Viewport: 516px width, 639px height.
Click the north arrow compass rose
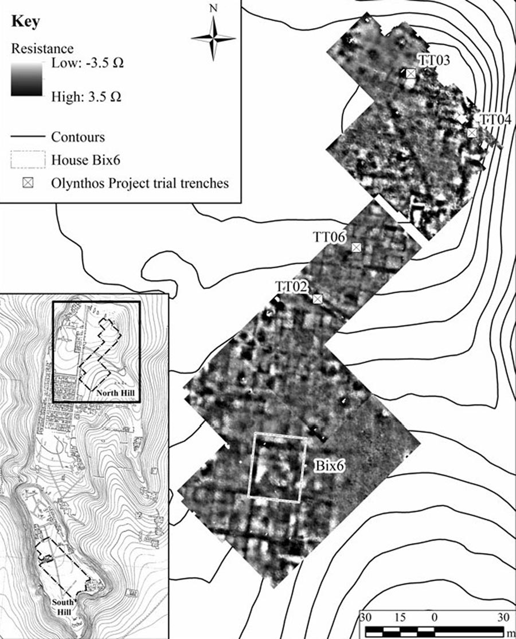click(x=213, y=38)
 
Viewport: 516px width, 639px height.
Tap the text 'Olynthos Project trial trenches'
click(x=140, y=183)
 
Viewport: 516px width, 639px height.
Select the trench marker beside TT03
click(x=411, y=73)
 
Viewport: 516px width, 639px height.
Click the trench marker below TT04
click(x=472, y=133)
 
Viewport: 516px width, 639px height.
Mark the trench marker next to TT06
click(x=357, y=247)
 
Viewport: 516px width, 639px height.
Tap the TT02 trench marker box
click(x=318, y=299)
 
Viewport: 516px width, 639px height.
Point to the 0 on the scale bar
click(x=434, y=617)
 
